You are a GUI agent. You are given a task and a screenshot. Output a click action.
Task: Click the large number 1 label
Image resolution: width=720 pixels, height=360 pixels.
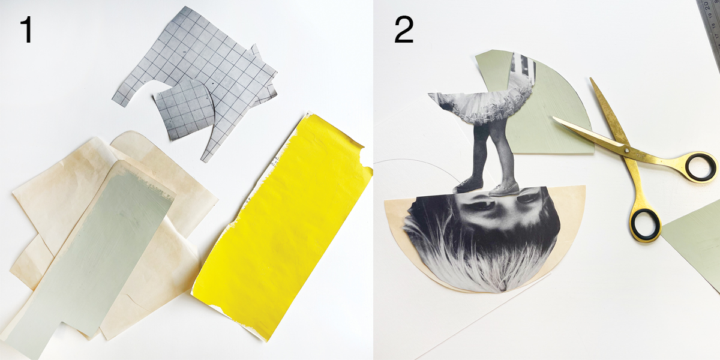click(x=28, y=30)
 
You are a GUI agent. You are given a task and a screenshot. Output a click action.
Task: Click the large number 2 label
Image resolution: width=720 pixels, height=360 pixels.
click(x=404, y=30)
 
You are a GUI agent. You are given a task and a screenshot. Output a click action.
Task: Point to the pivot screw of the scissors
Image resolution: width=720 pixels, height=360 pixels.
click(x=626, y=150)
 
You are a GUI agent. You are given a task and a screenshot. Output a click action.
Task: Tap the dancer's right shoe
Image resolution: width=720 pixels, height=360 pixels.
click(x=504, y=190)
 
